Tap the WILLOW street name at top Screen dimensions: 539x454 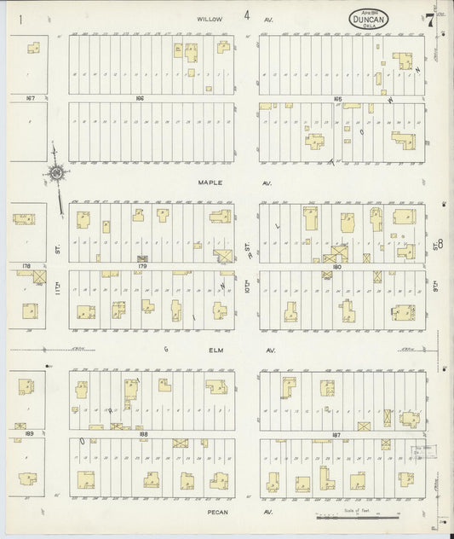[208, 17]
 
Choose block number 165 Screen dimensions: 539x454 [337, 98]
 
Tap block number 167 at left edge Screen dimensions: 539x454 [30, 97]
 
